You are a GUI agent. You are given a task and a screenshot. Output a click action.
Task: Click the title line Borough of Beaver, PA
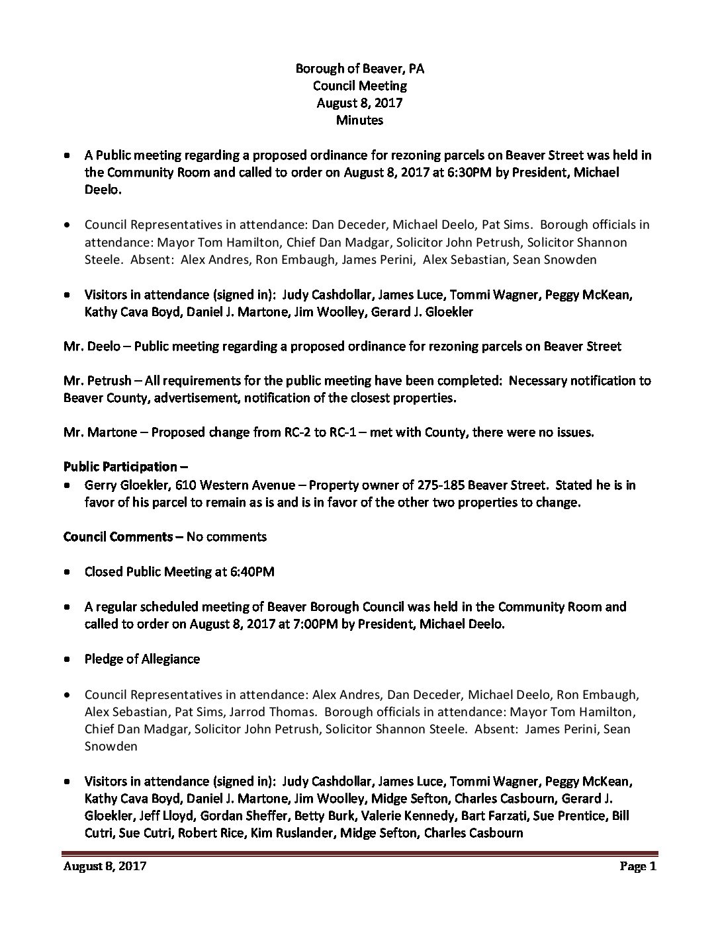click(x=359, y=68)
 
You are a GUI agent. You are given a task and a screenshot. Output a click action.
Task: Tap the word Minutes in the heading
click(x=359, y=120)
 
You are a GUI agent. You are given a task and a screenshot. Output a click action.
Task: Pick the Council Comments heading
click(x=123, y=536)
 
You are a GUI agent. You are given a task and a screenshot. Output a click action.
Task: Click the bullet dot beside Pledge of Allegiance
click(x=68, y=660)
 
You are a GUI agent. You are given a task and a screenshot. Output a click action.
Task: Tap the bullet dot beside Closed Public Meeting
click(x=68, y=572)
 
